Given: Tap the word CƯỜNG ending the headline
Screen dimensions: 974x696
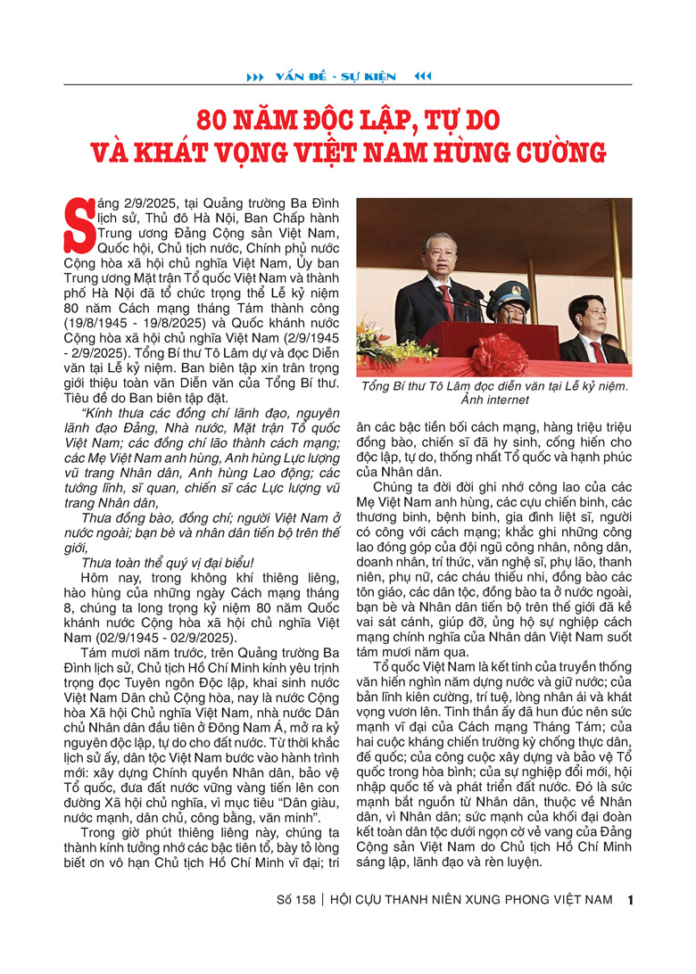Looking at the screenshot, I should tap(558, 153).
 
